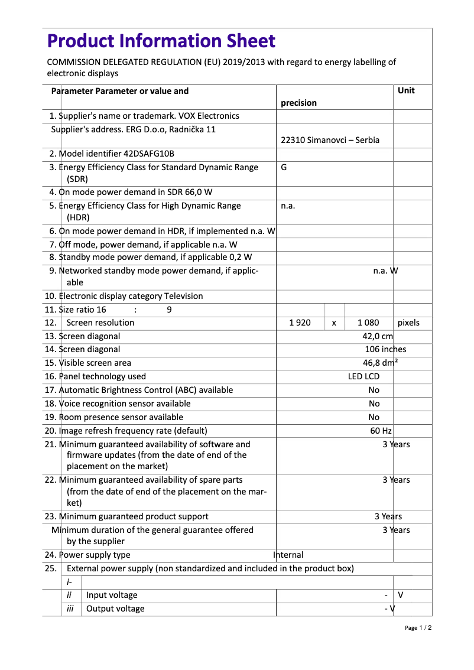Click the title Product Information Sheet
[x=161, y=41]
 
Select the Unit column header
[x=406, y=90]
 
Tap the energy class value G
[x=284, y=167]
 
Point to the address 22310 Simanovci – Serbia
[x=330, y=140]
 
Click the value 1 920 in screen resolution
[x=300, y=323]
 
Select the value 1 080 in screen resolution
[x=368, y=323]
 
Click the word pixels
[x=408, y=323]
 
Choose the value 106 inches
[x=385, y=349]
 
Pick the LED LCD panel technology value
[x=363, y=376]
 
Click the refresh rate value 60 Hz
[x=381, y=431]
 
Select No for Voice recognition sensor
[x=374, y=404]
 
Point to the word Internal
[x=288, y=555]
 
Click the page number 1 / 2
[x=418, y=627]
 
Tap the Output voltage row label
[x=115, y=609]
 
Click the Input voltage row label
[x=112, y=595]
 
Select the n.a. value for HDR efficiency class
[x=288, y=206]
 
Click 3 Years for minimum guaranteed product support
[x=388, y=516]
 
